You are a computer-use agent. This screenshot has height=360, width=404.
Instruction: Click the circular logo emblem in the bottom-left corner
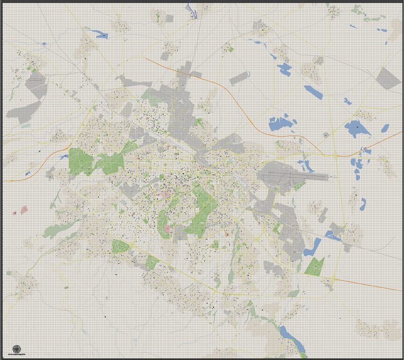tap(17, 348)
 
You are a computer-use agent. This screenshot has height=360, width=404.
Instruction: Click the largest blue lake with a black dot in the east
tap(357, 127)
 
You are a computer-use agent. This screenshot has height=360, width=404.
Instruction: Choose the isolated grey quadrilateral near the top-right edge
tap(389, 77)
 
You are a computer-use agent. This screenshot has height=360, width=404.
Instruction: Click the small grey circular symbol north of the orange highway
tap(326, 135)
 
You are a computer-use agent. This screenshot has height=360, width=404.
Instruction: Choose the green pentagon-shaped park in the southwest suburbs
tap(120, 245)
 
